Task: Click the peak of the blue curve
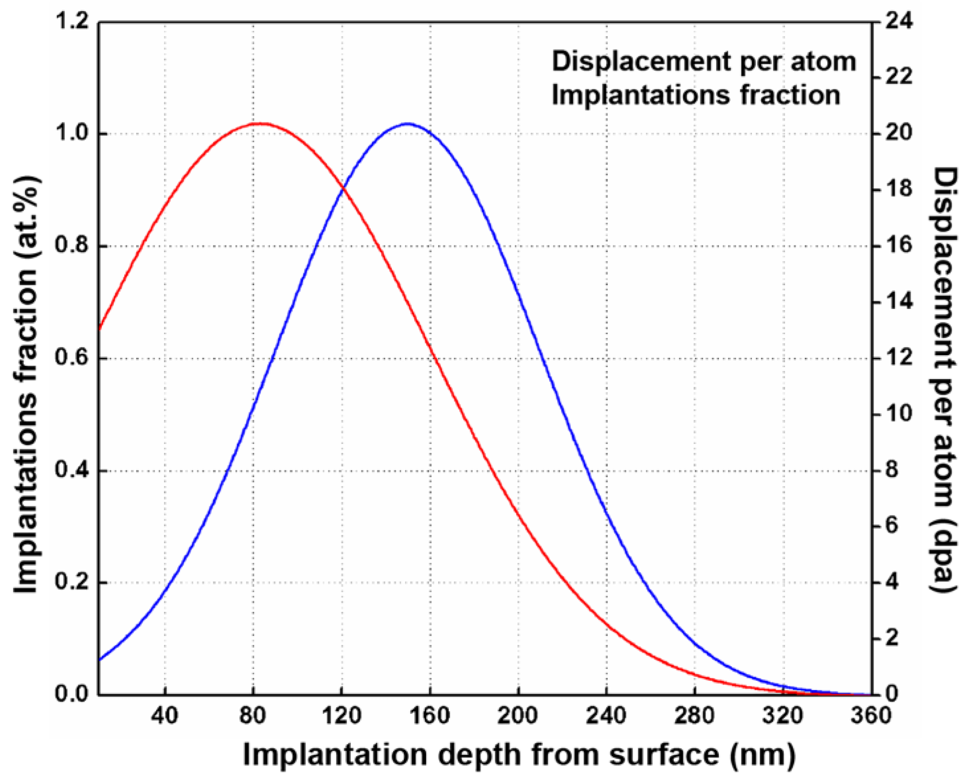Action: [x=407, y=123]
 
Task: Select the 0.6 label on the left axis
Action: [x=72, y=358]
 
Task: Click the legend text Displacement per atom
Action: [x=704, y=62]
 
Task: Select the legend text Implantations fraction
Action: [x=695, y=95]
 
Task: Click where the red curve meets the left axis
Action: [x=99, y=329]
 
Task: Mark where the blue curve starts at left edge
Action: [x=99, y=660]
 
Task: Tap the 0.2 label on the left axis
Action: [x=72, y=583]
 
